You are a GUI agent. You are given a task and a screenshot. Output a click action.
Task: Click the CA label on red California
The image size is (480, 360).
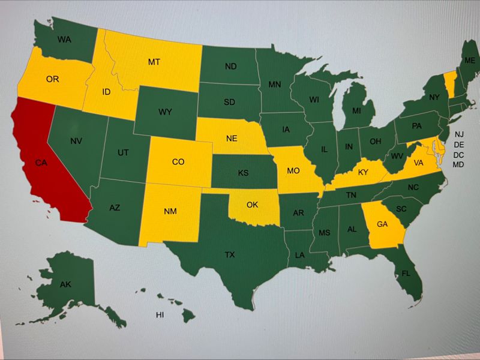coord(41,163)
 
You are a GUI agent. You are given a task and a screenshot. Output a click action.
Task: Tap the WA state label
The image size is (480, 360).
coord(65,40)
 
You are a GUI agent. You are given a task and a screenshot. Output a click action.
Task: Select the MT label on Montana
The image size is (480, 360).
coord(154,61)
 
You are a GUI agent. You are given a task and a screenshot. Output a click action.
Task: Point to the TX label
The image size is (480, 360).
coord(230,255)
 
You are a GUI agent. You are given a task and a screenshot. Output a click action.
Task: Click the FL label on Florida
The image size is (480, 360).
coord(406,273)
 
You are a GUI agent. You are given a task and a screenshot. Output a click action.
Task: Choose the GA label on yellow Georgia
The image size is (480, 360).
coord(382,224)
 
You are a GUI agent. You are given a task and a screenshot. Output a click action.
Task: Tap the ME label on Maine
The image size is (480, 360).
coord(470,61)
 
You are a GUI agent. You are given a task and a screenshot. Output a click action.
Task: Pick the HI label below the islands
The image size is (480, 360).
coord(160,314)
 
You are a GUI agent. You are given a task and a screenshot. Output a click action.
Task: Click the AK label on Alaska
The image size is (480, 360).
coord(65,284)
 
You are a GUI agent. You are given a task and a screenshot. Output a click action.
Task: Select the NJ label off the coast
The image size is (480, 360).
coord(459,134)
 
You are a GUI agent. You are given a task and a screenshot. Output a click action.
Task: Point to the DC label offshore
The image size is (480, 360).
coord(459,155)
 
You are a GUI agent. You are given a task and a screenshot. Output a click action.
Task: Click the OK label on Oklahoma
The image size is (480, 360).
coord(252,205)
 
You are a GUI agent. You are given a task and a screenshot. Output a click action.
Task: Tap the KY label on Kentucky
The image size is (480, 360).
coord(363,172)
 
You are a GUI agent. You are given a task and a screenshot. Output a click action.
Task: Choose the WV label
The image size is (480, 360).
coord(397,157)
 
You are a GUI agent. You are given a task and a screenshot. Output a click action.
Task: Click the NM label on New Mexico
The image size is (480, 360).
coord(170,211)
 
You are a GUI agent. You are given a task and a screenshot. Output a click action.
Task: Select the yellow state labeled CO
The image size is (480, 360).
coord(178,161)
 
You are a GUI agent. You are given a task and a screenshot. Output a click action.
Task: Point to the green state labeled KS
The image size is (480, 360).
coord(243,173)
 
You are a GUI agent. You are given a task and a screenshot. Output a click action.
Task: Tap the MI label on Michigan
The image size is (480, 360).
coord(356,111)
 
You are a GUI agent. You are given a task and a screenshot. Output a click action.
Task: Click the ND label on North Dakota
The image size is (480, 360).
coord(230,65)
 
